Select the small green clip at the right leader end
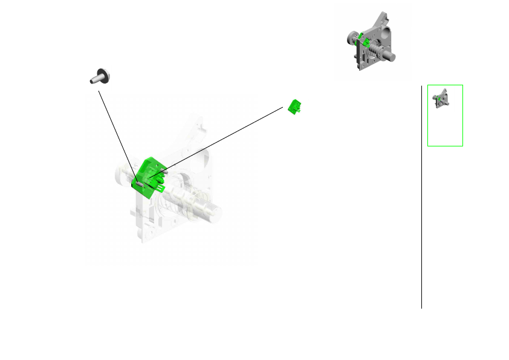coord(295,106)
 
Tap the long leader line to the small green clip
coord(224,139)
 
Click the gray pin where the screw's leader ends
coord(138,182)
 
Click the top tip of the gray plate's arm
coord(382,13)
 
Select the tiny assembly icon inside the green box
coord(441,99)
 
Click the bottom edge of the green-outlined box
coord(445,146)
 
